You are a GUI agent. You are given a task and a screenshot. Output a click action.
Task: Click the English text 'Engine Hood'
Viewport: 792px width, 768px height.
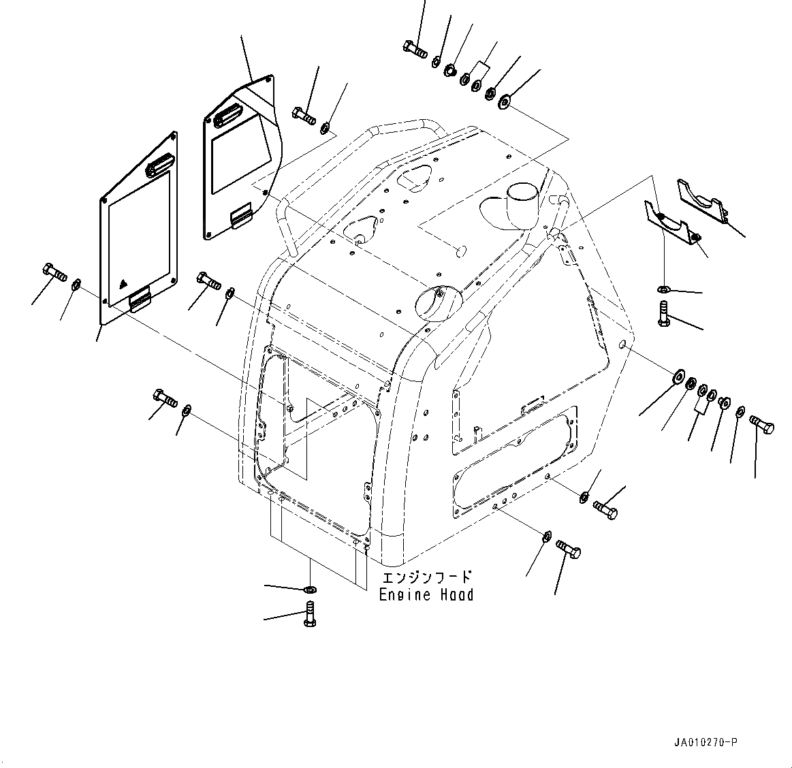point(426,595)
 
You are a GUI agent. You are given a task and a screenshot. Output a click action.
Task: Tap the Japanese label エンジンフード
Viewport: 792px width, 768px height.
point(426,577)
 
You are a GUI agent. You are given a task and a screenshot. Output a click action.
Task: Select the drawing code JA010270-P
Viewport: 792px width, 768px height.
point(701,741)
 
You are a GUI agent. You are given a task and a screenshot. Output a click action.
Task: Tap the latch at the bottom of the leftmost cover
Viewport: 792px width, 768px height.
point(141,298)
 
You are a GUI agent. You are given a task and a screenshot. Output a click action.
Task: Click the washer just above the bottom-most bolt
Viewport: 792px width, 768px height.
point(310,589)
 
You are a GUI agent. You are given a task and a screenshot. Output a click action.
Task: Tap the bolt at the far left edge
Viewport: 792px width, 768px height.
point(54,272)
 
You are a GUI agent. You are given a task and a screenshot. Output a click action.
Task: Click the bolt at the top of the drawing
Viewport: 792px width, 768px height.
point(414,48)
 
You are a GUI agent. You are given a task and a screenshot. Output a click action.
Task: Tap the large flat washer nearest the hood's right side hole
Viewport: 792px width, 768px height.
point(678,376)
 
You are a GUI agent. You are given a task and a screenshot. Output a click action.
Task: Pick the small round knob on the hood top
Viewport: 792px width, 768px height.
point(460,251)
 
